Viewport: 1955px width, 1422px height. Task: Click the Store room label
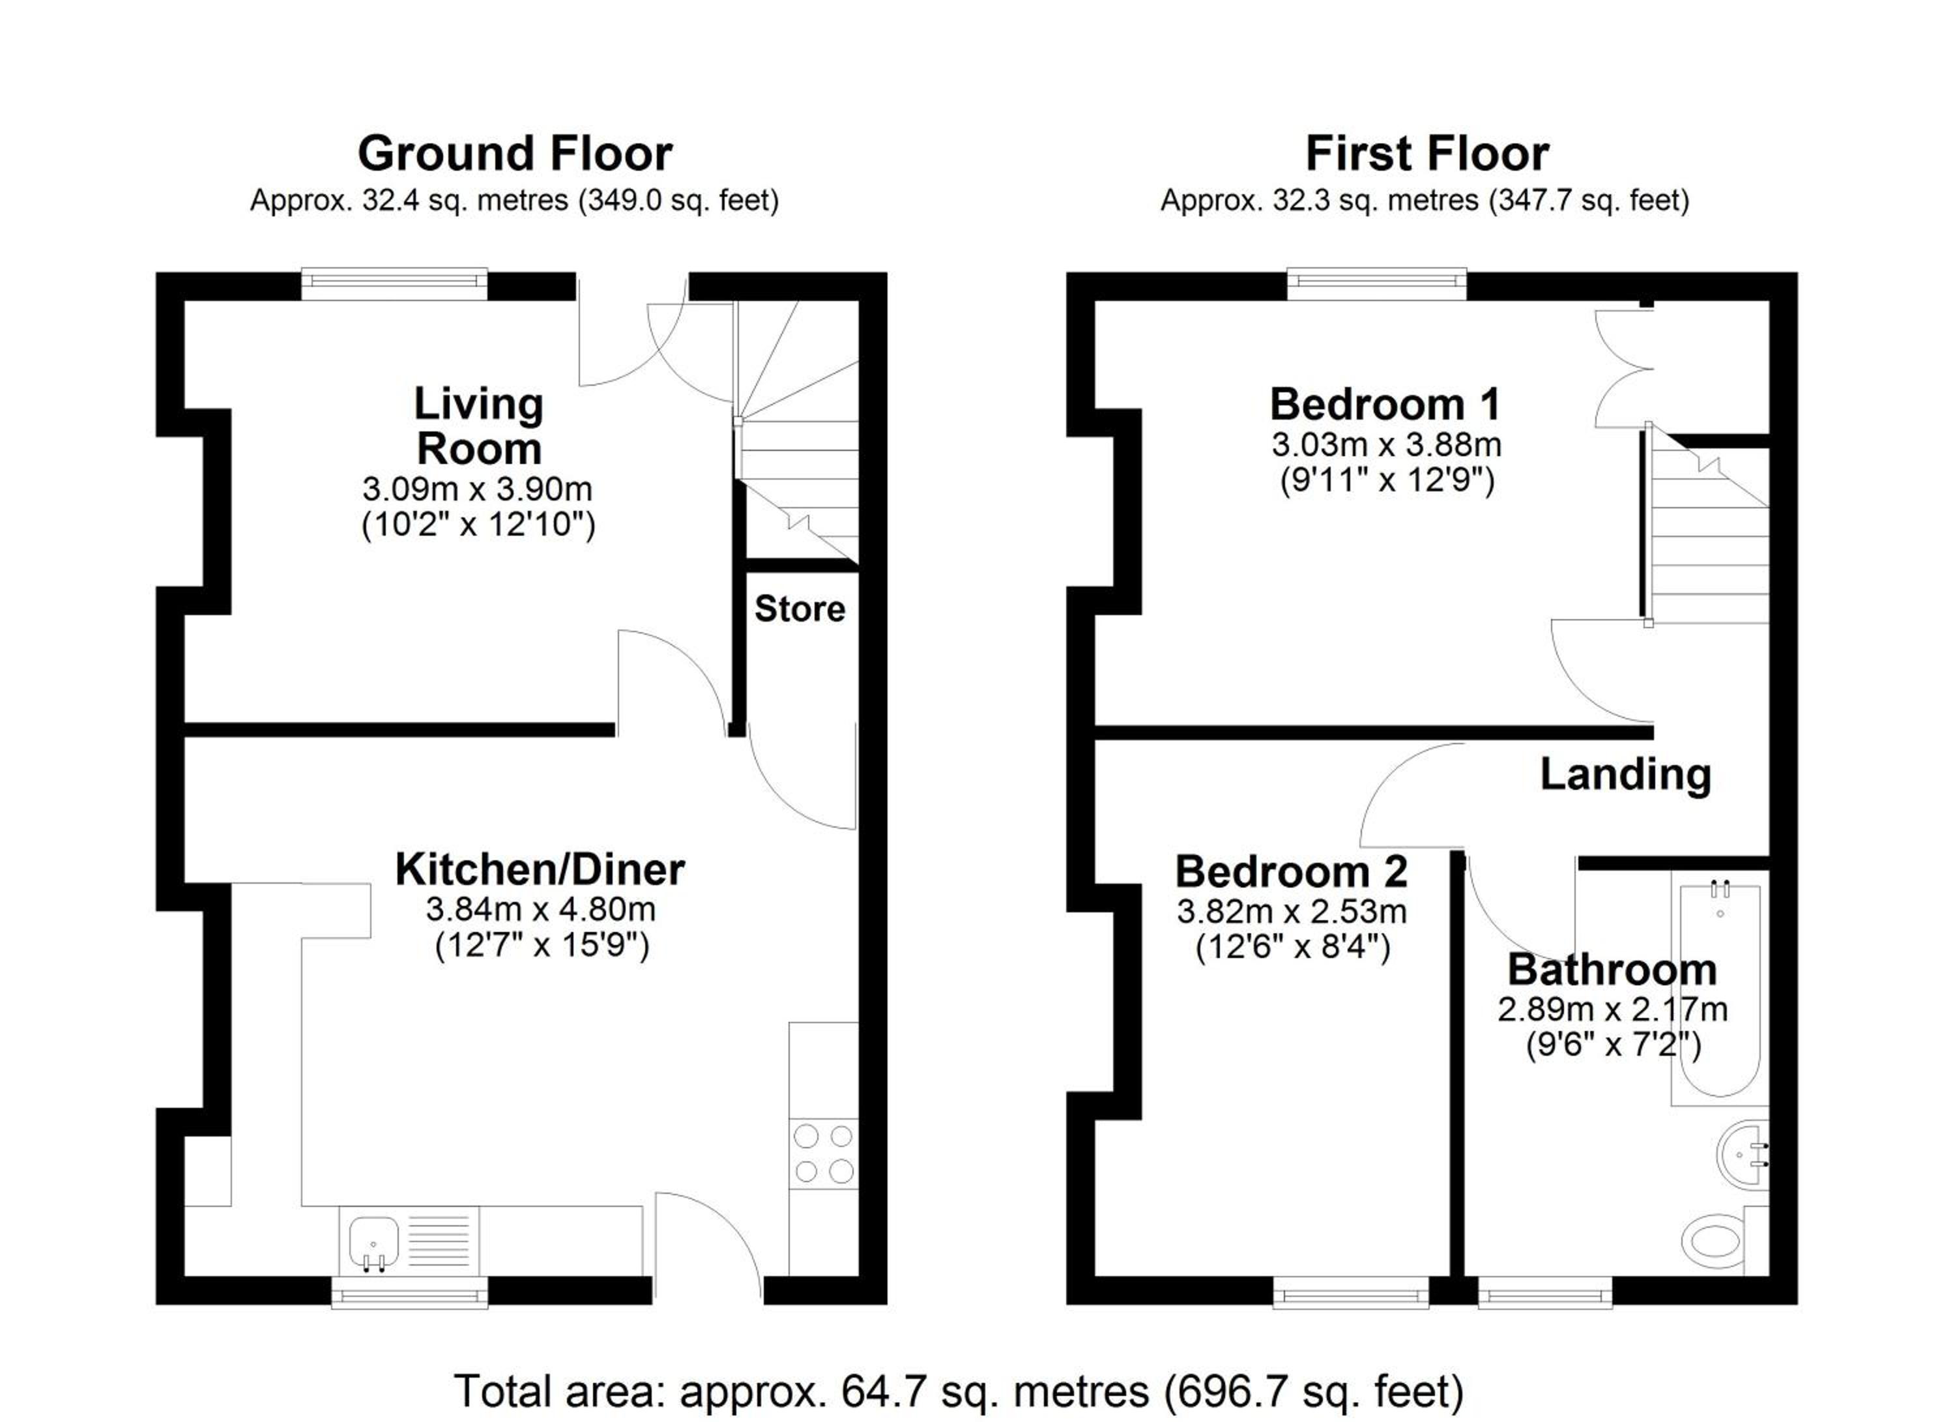[800, 609]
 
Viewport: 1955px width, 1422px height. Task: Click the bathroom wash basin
[1742, 1155]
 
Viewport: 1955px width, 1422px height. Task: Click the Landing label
[1626, 775]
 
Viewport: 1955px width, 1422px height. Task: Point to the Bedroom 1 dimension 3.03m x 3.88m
[1387, 444]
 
